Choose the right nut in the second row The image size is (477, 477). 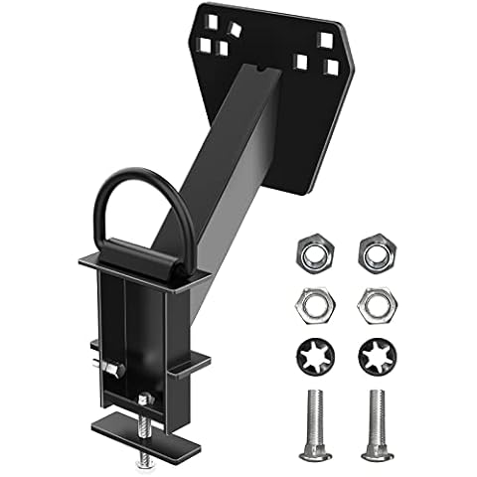tap(376, 306)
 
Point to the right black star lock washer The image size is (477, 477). tap(376, 356)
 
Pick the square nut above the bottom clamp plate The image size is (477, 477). tap(145, 398)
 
